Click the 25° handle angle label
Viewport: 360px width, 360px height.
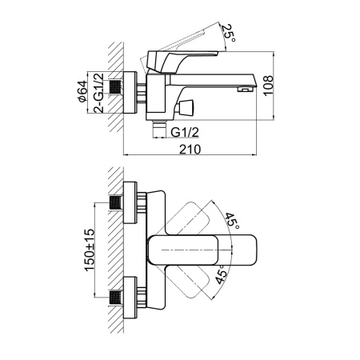[x=229, y=33]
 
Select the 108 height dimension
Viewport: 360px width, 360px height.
[x=268, y=85]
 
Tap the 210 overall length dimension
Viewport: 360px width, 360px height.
[x=190, y=150]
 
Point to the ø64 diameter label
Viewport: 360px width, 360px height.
[x=82, y=91]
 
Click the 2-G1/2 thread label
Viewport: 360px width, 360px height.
[x=98, y=93]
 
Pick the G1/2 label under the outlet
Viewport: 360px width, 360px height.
[x=185, y=132]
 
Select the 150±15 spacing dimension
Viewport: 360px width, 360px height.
[x=90, y=250]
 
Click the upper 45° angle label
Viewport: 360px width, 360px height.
[x=232, y=221]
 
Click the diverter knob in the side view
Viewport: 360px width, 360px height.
[x=186, y=107]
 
